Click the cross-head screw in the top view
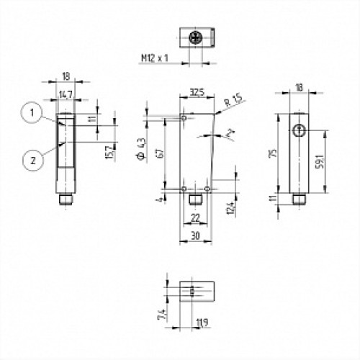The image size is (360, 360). (x=194, y=37)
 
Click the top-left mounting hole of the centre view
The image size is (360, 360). (x=184, y=117)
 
